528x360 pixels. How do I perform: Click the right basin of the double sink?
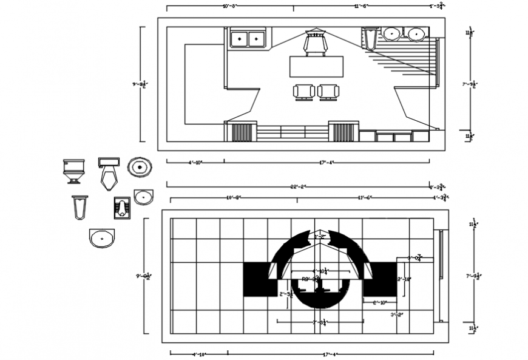[x=257, y=39]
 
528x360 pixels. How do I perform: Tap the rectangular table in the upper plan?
[x=316, y=66]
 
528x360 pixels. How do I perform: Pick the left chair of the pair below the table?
[x=304, y=92]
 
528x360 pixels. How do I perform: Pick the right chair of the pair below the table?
[x=328, y=92]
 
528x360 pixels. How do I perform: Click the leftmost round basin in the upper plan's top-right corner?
[x=391, y=34]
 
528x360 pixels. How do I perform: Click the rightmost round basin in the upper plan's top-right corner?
[x=416, y=34]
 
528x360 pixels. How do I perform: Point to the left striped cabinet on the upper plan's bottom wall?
[x=242, y=132]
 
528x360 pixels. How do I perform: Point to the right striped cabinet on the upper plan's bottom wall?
[x=344, y=132]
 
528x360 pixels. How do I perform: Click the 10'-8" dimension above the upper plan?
[x=229, y=6]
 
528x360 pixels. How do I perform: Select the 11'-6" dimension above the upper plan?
[x=361, y=6]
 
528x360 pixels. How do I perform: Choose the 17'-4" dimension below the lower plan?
[x=331, y=353]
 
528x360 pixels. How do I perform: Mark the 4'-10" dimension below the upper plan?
[x=195, y=162]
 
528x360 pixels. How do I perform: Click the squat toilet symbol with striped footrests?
[x=122, y=207]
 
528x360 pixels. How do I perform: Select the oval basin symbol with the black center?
[x=140, y=166]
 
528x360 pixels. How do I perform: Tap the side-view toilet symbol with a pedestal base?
[x=73, y=170]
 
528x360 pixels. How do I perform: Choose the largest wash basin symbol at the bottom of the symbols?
[x=101, y=238]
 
